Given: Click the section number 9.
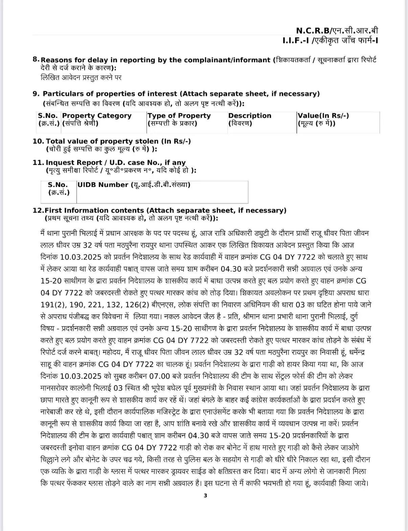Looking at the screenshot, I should point(36,94).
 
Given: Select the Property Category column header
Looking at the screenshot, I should point(97,116).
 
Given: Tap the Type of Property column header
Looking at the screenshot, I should point(179,116).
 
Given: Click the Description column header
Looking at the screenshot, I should point(250,116).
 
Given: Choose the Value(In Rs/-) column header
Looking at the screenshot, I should point(323,116).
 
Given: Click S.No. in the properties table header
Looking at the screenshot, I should point(48,116).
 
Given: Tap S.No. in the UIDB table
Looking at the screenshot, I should point(58,185).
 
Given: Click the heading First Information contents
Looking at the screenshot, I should point(95,210).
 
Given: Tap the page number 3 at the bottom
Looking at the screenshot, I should point(205,496).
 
